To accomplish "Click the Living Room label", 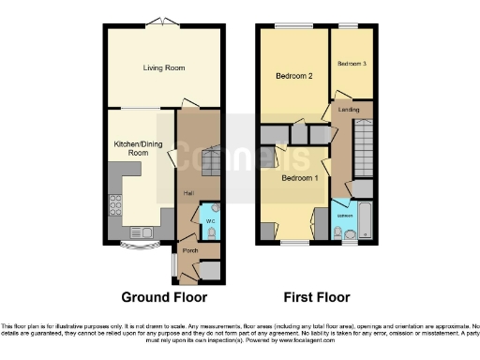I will click(162, 67).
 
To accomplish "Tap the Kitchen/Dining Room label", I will click(132, 147).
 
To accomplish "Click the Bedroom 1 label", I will click(301, 177).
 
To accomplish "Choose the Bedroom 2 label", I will click(292, 75).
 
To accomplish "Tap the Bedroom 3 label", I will click(352, 63).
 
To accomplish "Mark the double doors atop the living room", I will click(165, 22).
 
